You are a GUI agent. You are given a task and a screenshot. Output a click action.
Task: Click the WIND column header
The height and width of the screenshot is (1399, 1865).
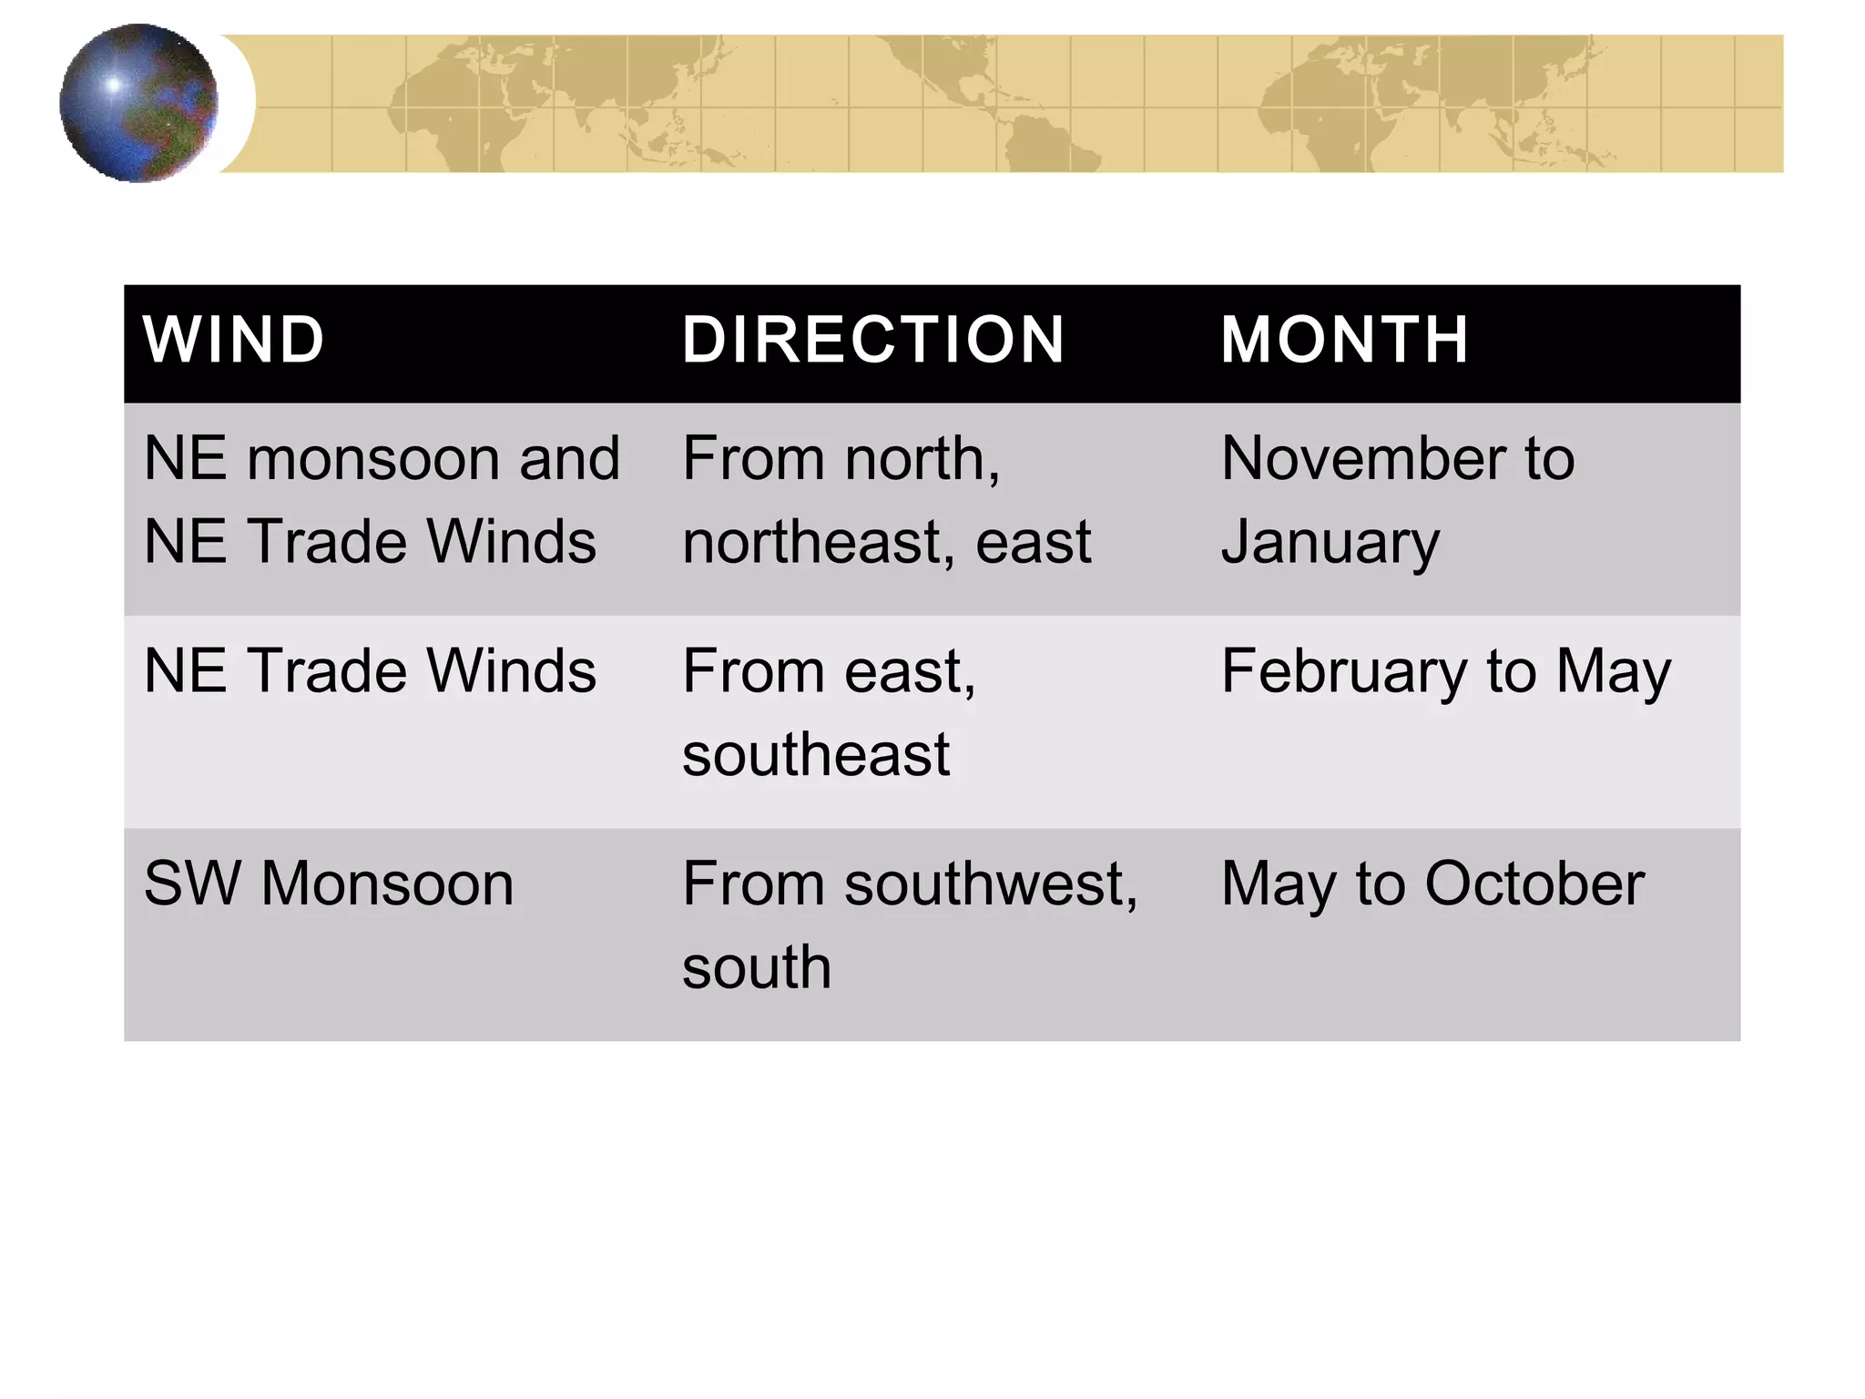tap(233, 340)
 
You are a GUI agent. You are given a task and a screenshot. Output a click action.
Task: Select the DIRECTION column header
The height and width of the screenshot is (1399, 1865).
tap(873, 340)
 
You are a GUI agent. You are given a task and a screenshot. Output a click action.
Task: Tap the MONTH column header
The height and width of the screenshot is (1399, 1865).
tap(1344, 340)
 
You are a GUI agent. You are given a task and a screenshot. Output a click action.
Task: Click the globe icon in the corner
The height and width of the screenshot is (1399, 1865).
tap(138, 103)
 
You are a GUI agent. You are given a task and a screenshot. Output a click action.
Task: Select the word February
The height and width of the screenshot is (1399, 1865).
tap(1343, 673)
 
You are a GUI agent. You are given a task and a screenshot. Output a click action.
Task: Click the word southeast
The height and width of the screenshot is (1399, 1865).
tap(816, 755)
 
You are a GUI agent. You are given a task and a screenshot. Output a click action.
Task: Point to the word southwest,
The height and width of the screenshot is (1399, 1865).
tap(991, 885)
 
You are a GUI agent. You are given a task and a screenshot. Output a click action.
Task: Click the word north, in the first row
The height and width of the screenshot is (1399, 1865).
tap(922, 458)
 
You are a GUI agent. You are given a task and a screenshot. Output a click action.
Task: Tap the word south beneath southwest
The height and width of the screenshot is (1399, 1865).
tap(757, 967)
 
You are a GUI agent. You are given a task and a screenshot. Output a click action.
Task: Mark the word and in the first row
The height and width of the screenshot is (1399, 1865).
tap(569, 458)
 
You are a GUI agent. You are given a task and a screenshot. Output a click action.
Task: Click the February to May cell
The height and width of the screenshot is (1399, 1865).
tap(1446, 673)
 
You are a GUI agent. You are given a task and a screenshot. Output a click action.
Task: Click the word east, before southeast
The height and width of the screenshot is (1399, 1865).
tap(909, 673)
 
